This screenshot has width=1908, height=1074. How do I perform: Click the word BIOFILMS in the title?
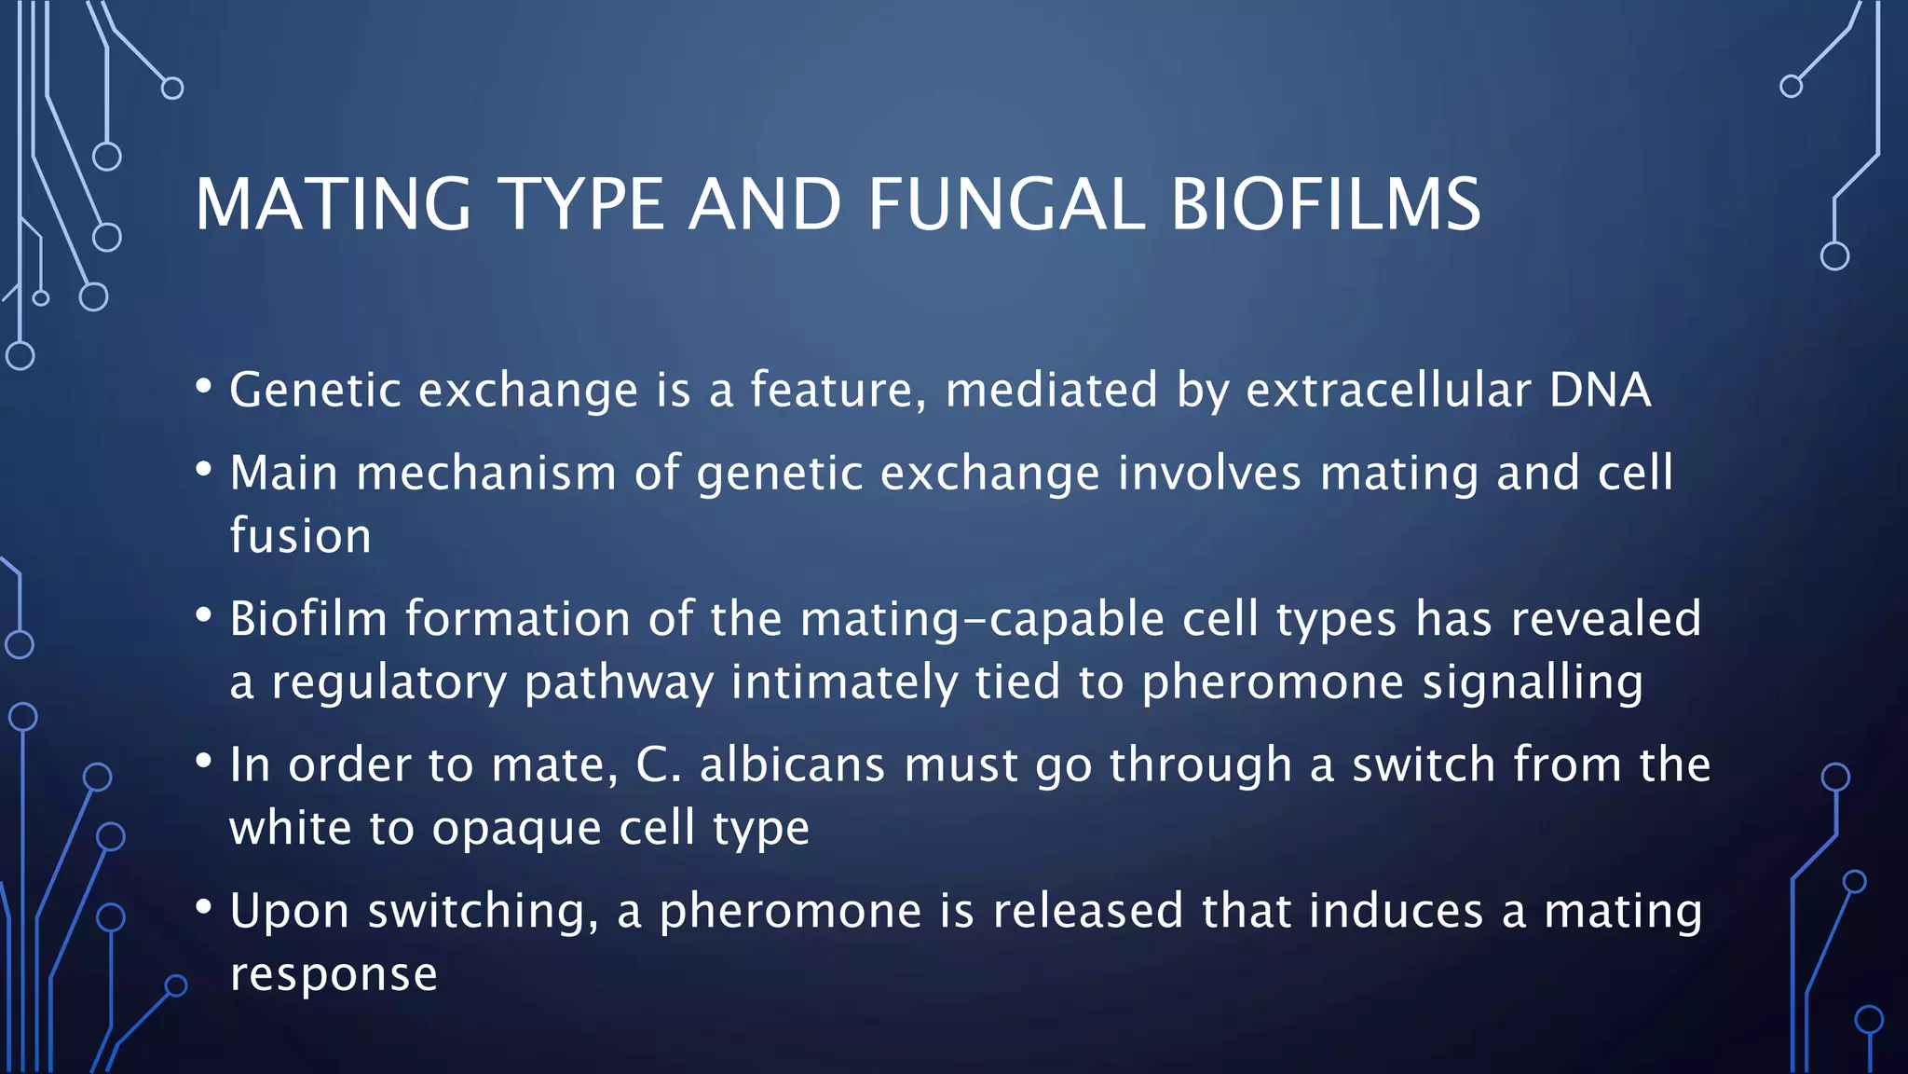point(1325,204)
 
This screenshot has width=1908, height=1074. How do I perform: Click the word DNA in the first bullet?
point(1600,390)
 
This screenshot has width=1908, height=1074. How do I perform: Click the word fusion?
point(300,536)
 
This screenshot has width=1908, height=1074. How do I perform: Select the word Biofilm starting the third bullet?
point(307,619)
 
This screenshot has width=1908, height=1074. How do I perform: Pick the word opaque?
point(516,829)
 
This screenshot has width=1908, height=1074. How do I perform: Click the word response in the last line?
point(334,975)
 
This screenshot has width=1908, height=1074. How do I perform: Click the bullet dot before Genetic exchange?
point(205,386)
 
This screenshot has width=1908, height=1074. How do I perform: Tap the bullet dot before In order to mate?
point(205,762)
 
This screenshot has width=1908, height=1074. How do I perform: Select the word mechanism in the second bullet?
point(486,473)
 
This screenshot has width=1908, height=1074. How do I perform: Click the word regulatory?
point(388,682)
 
